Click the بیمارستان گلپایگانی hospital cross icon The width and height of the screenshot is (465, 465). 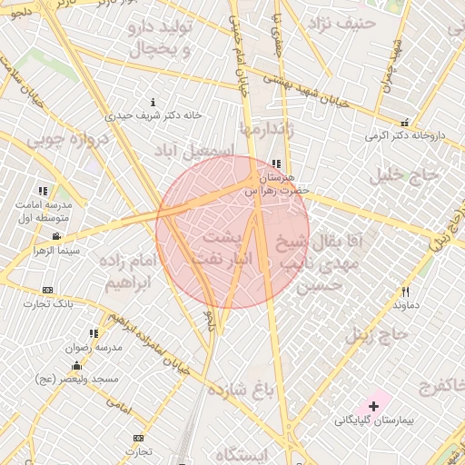point(373,404)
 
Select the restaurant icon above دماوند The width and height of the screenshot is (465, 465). point(406,292)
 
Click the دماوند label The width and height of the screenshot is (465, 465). point(406,306)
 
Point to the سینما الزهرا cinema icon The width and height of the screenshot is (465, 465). point(56,236)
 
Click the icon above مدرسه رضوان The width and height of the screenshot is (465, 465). point(93,333)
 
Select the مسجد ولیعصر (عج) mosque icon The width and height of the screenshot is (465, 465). point(75,365)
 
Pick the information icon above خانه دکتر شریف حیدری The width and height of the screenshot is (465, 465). point(153,102)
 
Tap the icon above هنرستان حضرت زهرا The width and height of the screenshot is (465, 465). point(276,163)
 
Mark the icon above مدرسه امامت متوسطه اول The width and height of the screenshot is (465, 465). point(42,192)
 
